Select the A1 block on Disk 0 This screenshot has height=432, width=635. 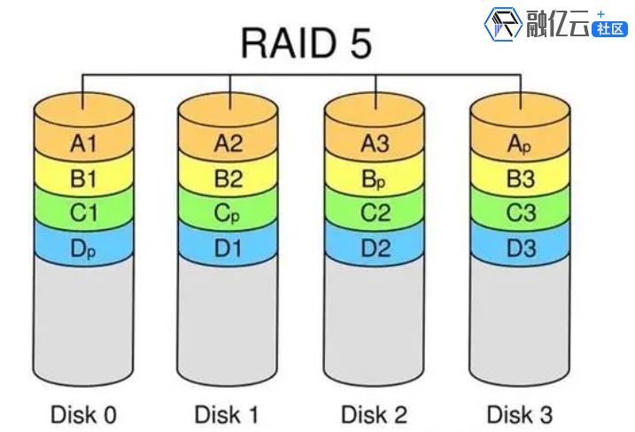83,141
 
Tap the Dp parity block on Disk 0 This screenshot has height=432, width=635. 83,248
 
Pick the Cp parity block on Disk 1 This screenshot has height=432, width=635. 228,212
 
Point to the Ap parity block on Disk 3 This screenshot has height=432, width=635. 521,142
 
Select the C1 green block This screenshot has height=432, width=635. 83,212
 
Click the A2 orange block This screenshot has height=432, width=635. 228,141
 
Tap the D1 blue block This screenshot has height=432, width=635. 228,248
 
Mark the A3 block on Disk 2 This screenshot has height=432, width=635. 376,141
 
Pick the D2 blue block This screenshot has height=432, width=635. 376,248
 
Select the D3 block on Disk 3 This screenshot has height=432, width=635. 521,248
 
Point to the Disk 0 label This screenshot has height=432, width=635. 83,413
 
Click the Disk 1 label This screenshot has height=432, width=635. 228,413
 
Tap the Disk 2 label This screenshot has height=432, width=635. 376,413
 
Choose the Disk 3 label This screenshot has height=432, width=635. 521,413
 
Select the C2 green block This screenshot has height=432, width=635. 376,212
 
